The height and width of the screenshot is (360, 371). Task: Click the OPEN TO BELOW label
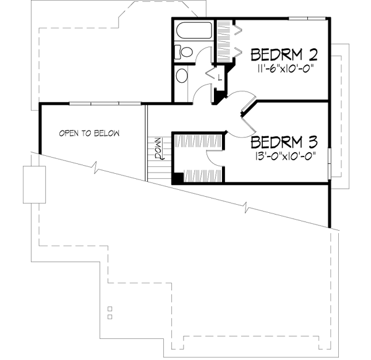click(x=88, y=133)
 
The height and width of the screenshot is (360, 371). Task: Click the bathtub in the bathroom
click(x=194, y=31)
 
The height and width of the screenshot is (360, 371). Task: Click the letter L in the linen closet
click(x=220, y=77)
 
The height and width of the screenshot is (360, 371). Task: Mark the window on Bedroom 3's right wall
click(x=330, y=163)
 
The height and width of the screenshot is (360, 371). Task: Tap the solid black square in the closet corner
click(x=177, y=178)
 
